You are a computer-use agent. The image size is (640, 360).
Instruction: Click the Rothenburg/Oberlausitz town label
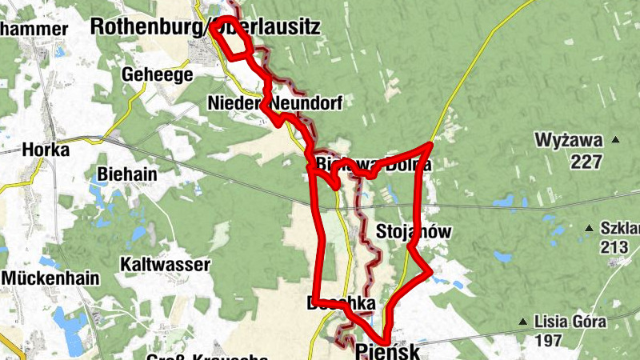coord(206,26)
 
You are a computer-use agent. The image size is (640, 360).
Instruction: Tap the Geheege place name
coord(158,75)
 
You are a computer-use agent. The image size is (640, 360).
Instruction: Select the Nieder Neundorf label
coord(274,104)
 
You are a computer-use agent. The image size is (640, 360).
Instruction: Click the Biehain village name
coord(124,174)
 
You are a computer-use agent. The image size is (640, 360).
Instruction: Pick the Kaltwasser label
coord(165,264)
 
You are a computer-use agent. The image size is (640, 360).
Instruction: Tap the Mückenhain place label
coord(51,278)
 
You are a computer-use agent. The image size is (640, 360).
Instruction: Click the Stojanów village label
coord(414,233)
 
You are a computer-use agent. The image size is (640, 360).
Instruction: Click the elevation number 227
coord(586,162)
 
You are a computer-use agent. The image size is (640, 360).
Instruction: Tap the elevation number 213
coord(614,247)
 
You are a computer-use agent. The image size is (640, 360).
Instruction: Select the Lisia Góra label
coord(570,322)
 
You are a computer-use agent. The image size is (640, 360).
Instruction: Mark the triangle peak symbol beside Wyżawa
coord(616,141)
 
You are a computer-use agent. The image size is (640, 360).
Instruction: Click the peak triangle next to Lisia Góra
coord(523,323)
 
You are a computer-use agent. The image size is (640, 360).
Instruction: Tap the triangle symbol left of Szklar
coord(590,228)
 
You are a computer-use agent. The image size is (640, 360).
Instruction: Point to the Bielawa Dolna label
coord(374,165)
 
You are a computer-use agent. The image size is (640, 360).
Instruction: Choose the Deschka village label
coord(341,304)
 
